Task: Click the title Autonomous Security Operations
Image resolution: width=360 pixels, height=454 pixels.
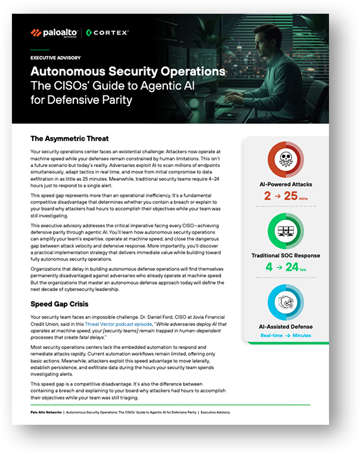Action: pyautogui.click(x=128, y=72)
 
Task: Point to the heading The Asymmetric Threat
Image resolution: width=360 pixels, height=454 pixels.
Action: pyautogui.click(x=69, y=139)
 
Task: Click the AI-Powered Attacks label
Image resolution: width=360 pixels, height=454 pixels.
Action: pyautogui.click(x=286, y=184)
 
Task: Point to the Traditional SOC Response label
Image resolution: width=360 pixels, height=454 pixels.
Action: pyautogui.click(x=286, y=255)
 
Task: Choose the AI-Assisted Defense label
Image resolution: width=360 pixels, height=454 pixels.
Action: pyautogui.click(x=286, y=326)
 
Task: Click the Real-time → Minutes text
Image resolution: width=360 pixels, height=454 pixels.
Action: pyautogui.click(x=286, y=336)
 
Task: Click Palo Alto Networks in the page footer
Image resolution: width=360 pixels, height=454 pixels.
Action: pyautogui.click(x=45, y=412)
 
